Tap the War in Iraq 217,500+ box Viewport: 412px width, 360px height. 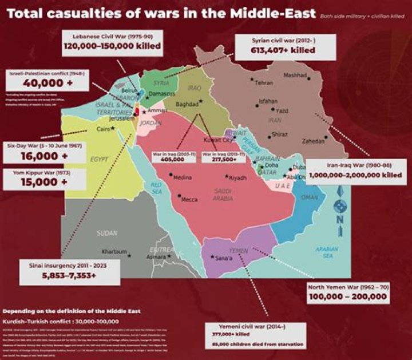tap(220, 157)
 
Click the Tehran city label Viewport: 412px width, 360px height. tap(263, 83)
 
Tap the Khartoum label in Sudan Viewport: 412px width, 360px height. tap(114, 252)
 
